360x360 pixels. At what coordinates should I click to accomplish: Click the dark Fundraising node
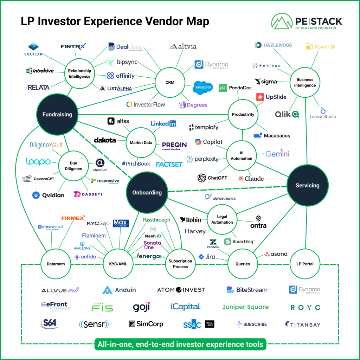pyautogui.click(x=57, y=114)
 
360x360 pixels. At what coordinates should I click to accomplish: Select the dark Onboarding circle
pyautogui.click(x=147, y=192)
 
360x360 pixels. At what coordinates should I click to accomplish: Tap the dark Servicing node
pyautogui.click(x=308, y=185)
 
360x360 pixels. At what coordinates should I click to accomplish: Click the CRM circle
pyautogui.click(x=170, y=83)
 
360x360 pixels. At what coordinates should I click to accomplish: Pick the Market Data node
pyautogui.click(x=141, y=143)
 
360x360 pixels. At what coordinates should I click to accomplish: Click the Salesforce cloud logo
pyautogui.click(x=203, y=88)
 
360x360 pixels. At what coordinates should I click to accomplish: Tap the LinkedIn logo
pyautogui.click(x=163, y=123)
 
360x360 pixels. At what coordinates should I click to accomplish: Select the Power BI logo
pyautogui.click(x=320, y=46)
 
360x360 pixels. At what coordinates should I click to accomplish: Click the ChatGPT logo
pyautogui.click(x=212, y=178)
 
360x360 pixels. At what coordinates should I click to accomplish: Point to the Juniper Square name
pyautogui.click(x=245, y=307)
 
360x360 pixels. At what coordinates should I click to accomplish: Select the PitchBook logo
pyautogui.click(x=136, y=163)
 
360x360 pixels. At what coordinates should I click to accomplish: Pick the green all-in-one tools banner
pyautogui.click(x=180, y=344)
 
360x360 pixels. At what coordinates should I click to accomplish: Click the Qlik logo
pyautogui.click(x=287, y=114)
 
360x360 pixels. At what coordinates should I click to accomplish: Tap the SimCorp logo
pyautogui.click(x=146, y=324)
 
